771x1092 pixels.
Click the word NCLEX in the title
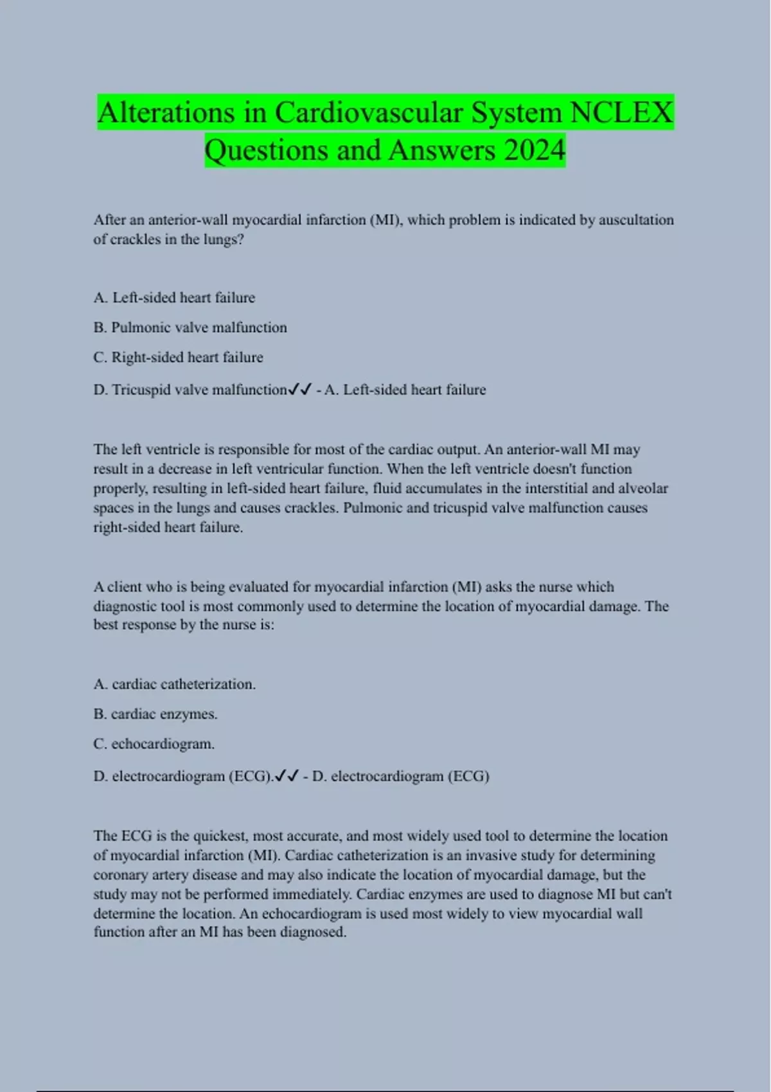tap(621, 113)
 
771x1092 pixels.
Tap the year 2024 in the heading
tap(535, 150)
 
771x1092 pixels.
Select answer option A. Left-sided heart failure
tap(174, 297)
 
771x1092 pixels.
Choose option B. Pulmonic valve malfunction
tap(190, 328)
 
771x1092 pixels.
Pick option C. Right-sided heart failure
tap(178, 357)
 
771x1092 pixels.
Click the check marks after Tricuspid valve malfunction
tap(300, 389)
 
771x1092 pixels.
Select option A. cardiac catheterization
tap(174, 684)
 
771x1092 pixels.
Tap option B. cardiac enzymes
tap(155, 714)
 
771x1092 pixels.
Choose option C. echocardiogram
tap(154, 744)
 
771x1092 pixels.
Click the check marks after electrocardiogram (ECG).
tap(286, 776)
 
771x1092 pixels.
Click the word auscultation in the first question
tap(636, 220)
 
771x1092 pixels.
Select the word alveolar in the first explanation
tap(643, 488)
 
